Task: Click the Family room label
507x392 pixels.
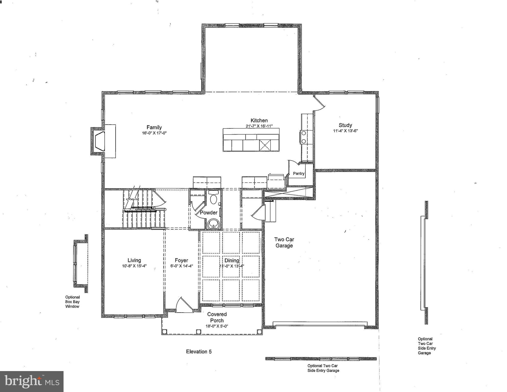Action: pyautogui.click(x=154, y=127)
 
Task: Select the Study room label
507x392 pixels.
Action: pyautogui.click(x=345, y=125)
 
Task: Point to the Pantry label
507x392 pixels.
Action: pyautogui.click(x=299, y=173)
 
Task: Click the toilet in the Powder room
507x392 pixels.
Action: pyautogui.click(x=213, y=198)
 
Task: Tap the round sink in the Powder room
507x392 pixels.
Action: pyautogui.click(x=213, y=224)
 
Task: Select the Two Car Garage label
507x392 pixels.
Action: pyautogui.click(x=284, y=243)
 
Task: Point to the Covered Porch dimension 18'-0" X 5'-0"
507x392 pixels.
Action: pyautogui.click(x=217, y=326)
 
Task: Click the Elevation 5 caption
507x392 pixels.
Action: pyautogui.click(x=199, y=352)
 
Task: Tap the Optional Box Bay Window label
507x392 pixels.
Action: pyautogui.click(x=72, y=302)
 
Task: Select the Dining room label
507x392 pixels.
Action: pyautogui.click(x=231, y=260)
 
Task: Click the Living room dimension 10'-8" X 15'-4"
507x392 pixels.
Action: pyautogui.click(x=134, y=266)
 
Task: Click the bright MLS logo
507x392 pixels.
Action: pyautogui.click(x=32, y=381)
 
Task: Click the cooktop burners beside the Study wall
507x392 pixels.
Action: pyautogui.click(x=304, y=137)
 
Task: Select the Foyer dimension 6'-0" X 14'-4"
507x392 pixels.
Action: pyautogui.click(x=181, y=266)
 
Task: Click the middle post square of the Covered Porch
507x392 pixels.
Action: pyautogui.click(x=199, y=331)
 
